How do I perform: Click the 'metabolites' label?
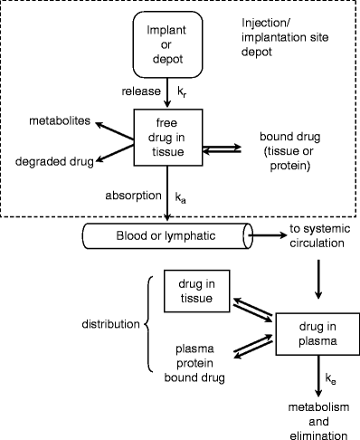(53, 121)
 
